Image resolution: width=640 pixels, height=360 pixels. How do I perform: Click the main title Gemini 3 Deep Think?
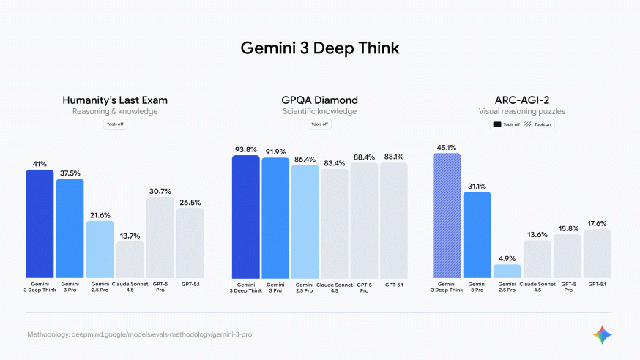pos(320,48)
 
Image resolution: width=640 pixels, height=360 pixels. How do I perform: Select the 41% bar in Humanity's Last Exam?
pos(40,223)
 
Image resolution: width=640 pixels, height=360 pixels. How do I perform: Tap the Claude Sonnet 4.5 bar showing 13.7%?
pos(130,260)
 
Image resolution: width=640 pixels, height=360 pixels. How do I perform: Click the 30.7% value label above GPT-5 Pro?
pos(160,190)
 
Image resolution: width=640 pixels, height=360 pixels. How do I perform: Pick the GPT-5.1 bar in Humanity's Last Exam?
pos(190,243)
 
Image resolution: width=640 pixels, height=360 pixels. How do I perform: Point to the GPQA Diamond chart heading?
pos(319,100)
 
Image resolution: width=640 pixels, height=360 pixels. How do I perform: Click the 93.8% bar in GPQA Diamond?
pos(245,217)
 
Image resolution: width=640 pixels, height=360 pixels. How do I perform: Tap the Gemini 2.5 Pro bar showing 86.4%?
pos(305,222)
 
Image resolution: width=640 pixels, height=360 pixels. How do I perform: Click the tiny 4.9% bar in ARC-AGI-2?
pos(507,271)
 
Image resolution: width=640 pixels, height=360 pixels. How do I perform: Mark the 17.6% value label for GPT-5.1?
pos(597,223)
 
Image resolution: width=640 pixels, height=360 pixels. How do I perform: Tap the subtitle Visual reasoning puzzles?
pos(522,112)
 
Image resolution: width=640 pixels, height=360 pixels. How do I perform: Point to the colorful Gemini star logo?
pos(603,334)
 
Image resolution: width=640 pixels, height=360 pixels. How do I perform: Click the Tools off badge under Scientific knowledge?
pos(319,124)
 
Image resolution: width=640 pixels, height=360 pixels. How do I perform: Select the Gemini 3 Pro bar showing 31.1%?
pos(477,235)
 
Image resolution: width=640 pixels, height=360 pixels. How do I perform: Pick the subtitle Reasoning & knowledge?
pos(114,112)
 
